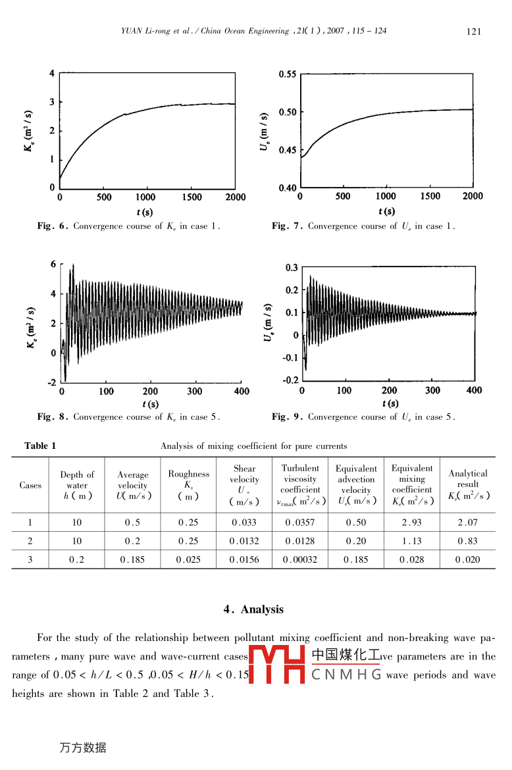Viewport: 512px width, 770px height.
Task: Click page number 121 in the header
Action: (x=474, y=32)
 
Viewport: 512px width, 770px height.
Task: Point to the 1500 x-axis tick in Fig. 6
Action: (x=191, y=197)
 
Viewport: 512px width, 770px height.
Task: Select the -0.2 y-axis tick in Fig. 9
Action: (x=290, y=380)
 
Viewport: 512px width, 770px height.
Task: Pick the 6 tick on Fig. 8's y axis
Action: (x=53, y=265)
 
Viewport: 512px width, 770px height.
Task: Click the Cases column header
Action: (x=30, y=486)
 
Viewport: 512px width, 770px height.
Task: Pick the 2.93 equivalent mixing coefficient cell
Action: (x=411, y=523)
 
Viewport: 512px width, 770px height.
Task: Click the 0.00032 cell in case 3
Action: (x=299, y=560)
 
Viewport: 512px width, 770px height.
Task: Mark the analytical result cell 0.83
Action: (x=468, y=541)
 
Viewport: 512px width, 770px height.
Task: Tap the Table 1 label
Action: (x=40, y=446)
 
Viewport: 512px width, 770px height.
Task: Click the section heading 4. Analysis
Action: (x=253, y=609)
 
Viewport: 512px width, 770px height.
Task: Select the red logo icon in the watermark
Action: (x=276, y=665)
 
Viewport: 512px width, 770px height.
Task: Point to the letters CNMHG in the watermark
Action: (x=346, y=675)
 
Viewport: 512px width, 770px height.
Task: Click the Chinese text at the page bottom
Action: (x=82, y=748)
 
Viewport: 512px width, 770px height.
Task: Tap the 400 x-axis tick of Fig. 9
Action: (x=474, y=390)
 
